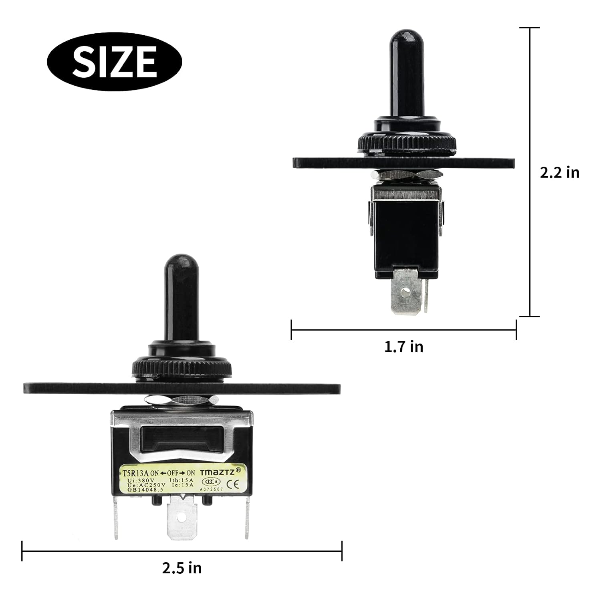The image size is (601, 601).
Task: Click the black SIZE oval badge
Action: pos(114,61)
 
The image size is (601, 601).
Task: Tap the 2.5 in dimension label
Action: pos(182,568)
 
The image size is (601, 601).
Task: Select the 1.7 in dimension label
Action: pos(403,347)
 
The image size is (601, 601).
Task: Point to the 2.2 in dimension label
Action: pos(559,172)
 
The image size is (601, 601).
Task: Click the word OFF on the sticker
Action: pos(174,473)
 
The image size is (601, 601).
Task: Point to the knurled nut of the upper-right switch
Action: pos(406,143)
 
